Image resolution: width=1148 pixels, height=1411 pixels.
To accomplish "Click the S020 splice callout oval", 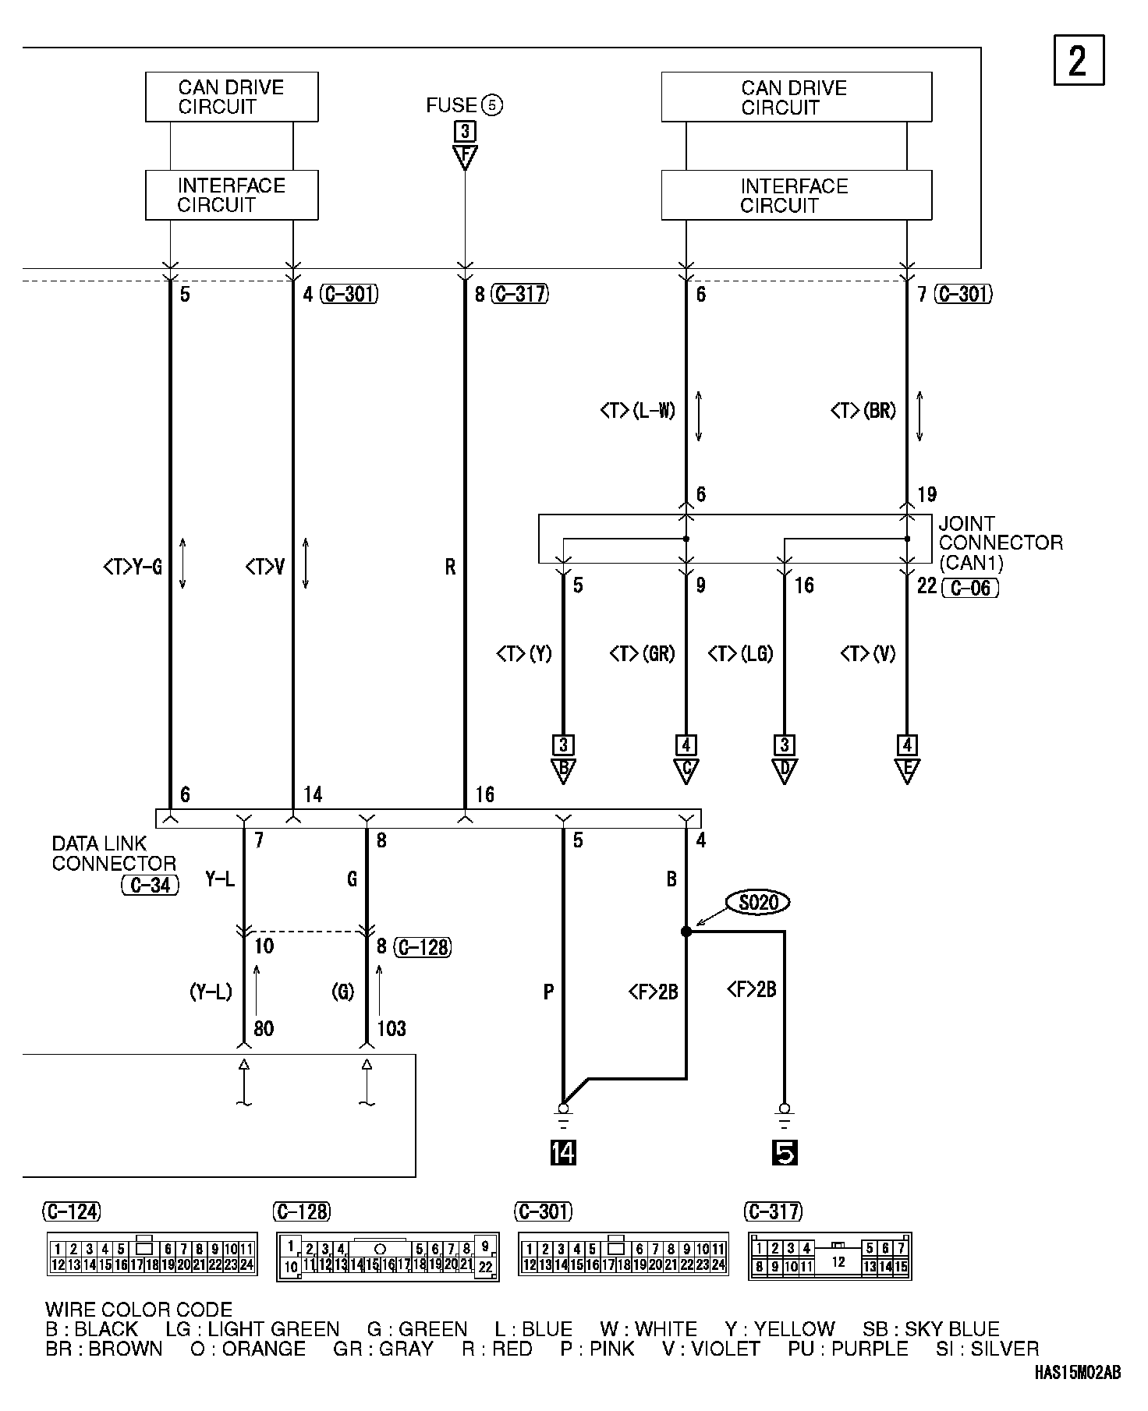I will click(758, 903).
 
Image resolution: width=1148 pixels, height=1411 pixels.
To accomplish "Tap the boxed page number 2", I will click(1079, 60).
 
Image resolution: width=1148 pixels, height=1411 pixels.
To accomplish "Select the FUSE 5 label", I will click(464, 105).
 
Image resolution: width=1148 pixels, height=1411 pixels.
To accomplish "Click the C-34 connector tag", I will click(151, 885).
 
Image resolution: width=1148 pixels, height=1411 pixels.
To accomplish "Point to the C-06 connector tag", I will click(970, 587).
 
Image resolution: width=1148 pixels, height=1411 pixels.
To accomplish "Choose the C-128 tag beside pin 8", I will click(423, 947).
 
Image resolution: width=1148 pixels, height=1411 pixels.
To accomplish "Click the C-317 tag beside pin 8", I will click(520, 294).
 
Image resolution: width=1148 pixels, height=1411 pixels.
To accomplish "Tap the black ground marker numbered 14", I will click(562, 1152).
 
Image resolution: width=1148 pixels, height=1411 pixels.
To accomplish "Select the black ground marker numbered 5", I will click(785, 1152).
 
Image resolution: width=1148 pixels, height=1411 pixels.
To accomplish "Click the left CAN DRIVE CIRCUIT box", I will click(232, 97).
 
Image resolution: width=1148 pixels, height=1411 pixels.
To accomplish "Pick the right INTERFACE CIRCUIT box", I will click(795, 196).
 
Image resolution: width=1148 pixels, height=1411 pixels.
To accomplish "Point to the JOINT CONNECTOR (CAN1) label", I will click(1000, 543).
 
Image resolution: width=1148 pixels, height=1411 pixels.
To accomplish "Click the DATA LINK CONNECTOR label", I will click(114, 854).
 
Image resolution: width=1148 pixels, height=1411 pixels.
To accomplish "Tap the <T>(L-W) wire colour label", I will click(638, 411).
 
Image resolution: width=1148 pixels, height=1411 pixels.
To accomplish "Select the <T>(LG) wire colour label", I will click(740, 653).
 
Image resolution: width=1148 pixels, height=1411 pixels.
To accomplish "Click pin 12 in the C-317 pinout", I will click(838, 1261).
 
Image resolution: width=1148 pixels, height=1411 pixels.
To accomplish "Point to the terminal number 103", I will click(392, 1029).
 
